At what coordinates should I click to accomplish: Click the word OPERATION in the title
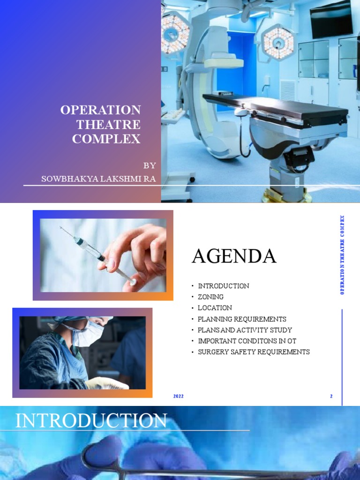[100, 110]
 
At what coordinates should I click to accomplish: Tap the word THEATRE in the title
[108, 125]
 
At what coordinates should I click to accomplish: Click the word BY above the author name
[150, 165]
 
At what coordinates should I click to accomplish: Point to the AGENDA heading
[234, 256]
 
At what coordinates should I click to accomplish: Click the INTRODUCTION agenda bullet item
[223, 286]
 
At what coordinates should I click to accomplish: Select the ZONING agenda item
[210, 297]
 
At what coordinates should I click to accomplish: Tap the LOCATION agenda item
[215, 308]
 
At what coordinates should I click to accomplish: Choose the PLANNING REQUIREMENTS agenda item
[242, 319]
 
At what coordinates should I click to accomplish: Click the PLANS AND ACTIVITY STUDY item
[245, 330]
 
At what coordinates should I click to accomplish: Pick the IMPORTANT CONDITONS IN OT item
[247, 341]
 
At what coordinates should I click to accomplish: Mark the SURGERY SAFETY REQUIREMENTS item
[254, 352]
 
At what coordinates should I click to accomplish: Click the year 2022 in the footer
[178, 397]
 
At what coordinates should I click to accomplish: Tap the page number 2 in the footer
[331, 397]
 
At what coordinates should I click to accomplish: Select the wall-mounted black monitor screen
[331, 20]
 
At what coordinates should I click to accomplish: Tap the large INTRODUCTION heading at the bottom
[91, 421]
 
